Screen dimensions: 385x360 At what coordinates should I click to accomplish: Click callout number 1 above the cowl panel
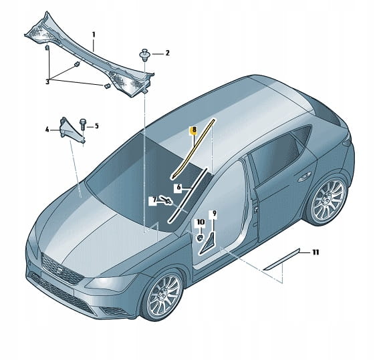pos(94,35)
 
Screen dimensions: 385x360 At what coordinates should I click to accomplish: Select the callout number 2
pos(167,53)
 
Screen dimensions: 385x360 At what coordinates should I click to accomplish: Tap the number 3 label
pos(47,82)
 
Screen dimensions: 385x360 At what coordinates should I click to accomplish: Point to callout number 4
pos(47,130)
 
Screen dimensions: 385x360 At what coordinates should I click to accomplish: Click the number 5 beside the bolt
pos(96,126)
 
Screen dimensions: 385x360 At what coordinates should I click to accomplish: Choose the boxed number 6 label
pos(178,187)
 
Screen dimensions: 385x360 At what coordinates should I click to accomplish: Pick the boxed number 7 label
pos(154,200)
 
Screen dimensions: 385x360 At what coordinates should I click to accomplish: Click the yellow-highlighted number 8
pos(194,130)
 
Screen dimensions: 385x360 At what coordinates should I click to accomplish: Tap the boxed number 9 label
pos(215,214)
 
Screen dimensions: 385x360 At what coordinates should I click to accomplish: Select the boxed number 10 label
pos(201,222)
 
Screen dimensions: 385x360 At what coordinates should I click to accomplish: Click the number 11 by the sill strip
pos(315,252)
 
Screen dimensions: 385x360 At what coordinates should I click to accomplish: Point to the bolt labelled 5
pos(82,125)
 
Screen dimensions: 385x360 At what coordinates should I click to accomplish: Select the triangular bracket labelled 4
pos(72,132)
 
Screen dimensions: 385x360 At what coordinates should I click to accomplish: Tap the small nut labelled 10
pos(201,237)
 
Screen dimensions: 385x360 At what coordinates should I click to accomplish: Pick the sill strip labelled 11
pos(281,259)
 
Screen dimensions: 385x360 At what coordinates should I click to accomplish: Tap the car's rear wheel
pos(328,198)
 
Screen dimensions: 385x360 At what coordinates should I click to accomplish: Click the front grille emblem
pos(61,270)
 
